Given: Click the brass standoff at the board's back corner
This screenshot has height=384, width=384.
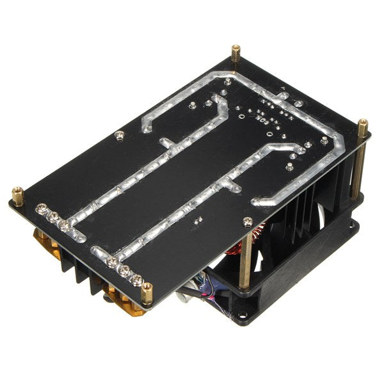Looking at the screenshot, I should click(x=236, y=52).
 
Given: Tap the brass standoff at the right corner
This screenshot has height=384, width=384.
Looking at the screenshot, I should click(x=363, y=126).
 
